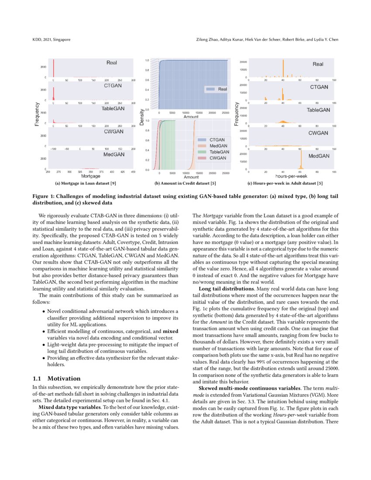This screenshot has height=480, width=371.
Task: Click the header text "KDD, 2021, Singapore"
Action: [52, 40]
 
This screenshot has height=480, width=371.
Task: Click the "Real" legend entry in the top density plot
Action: [222, 89]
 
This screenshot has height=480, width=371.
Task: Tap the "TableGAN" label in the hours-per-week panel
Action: [318, 110]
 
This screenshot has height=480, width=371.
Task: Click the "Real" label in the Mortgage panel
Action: [112, 63]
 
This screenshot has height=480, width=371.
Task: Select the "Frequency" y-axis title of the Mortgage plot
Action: [38, 115]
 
